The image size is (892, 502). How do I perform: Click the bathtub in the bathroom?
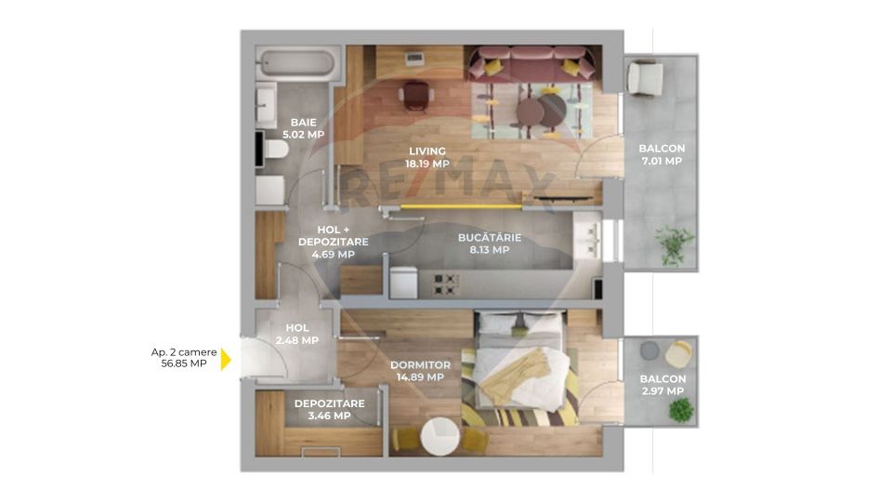[293, 63]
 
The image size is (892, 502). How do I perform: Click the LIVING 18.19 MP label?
[426, 157]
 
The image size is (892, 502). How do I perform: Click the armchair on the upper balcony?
[645, 77]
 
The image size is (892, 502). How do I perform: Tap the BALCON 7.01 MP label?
[661, 154]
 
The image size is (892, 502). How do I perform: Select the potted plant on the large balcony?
[673, 244]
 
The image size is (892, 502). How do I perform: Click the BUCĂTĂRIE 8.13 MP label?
[489, 244]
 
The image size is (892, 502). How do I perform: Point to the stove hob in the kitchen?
[441, 283]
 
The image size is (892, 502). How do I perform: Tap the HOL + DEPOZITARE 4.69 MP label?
[333, 242]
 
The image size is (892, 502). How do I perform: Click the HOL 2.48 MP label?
[296, 334]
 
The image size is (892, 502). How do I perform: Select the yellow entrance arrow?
[225, 359]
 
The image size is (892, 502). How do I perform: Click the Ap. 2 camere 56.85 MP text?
[184, 358]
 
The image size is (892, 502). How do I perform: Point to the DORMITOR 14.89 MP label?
[420, 371]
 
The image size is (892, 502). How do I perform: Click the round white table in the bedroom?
[439, 437]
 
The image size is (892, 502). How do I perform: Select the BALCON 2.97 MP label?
[662, 385]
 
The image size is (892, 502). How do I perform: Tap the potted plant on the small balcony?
[681, 409]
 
